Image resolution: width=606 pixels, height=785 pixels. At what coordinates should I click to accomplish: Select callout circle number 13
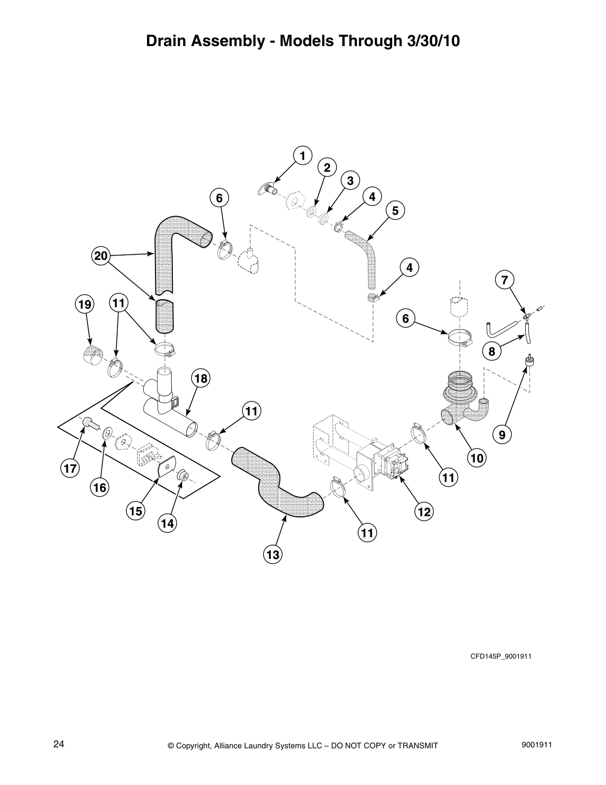point(273,555)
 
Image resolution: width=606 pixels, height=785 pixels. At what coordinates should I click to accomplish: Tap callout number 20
point(101,256)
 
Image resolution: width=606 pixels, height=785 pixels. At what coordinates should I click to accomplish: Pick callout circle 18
point(201,379)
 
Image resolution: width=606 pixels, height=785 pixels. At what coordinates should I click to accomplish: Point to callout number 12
point(424,511)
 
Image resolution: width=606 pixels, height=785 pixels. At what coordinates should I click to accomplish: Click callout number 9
point(502,435)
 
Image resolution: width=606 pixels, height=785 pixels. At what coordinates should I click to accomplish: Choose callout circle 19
point(85,304)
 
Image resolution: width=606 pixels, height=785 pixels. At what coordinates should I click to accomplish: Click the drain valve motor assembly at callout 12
point(382,464)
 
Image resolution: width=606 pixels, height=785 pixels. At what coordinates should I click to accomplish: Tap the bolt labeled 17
point(89,422)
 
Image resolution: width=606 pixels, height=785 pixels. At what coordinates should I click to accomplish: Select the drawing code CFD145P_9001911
point(501,656)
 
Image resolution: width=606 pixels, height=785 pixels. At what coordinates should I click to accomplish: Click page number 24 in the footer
point(58,744)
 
